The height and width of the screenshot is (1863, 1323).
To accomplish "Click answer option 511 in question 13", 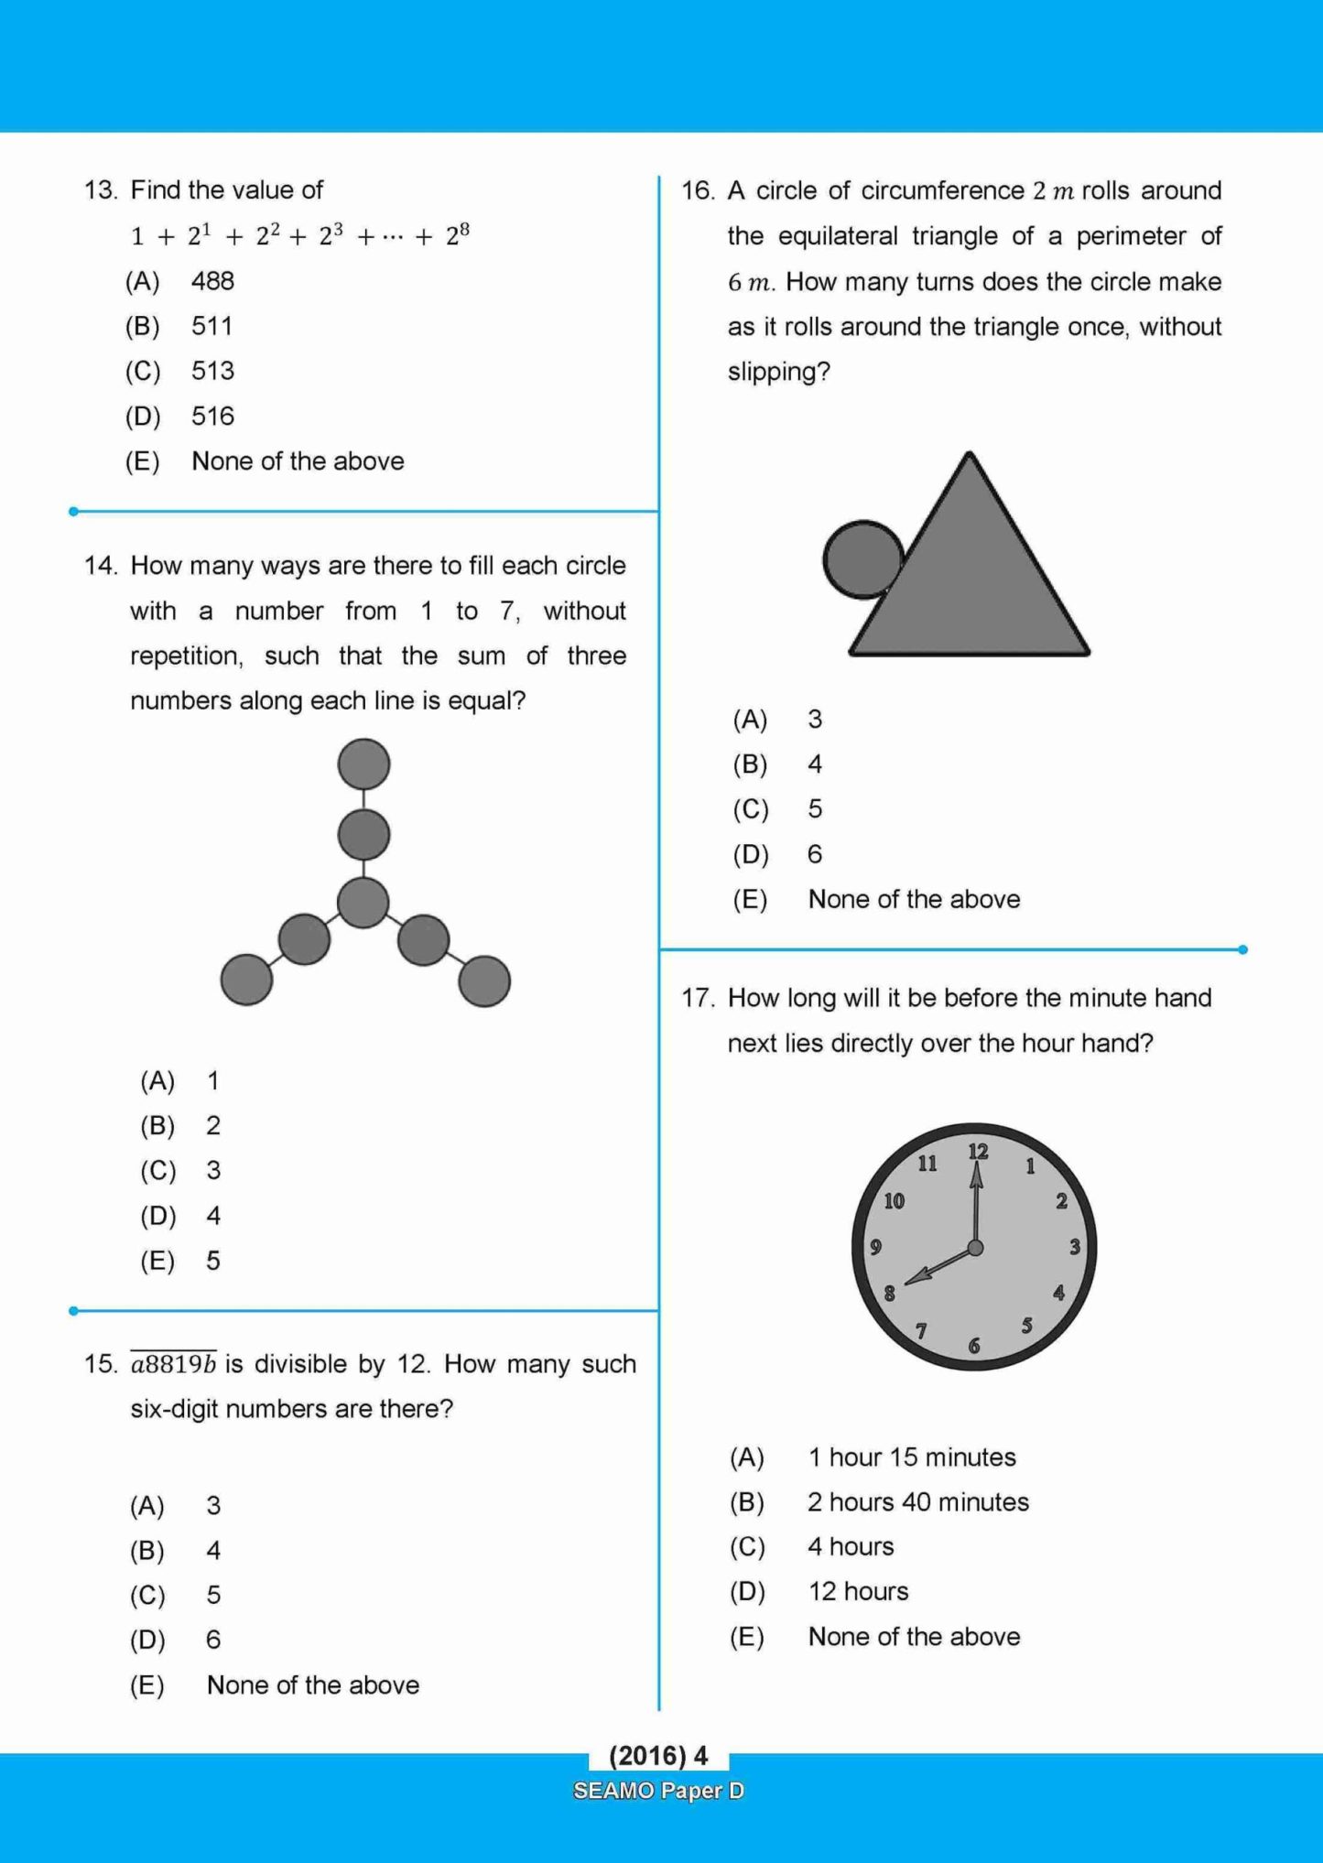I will [x=211, y=326].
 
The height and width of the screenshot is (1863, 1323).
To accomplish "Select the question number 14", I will [x=101, y=566].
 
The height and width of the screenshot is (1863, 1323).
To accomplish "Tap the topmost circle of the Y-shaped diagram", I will [x=363, y=764].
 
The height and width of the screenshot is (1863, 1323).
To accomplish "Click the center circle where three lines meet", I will [x=363, y=903].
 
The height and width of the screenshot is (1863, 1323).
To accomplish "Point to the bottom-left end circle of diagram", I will [x=246, y=980].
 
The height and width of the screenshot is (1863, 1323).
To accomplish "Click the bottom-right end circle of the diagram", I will [x=483, y=980].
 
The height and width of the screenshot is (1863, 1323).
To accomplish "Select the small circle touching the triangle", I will [x=863, y=559].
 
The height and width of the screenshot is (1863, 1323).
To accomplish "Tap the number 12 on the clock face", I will [x=978, y=1152].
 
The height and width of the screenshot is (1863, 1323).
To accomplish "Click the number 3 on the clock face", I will [x=1075, y=1246].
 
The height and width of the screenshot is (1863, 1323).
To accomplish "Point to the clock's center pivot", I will [x=975, y=1247].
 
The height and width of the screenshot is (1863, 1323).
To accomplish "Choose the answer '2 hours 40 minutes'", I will [x=917, y=1502].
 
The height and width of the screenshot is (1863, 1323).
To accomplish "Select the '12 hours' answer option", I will [x=858, y=1591].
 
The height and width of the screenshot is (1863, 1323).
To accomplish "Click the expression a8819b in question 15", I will [x=173, y=1365].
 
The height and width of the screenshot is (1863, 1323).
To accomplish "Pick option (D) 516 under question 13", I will [x=211, y=417].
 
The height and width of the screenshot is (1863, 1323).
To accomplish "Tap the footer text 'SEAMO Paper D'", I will [x=658, y=1791].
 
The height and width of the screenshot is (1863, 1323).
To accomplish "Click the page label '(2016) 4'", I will [x=658, y=1756].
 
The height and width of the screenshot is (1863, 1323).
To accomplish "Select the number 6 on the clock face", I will [x=974, y=1345].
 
